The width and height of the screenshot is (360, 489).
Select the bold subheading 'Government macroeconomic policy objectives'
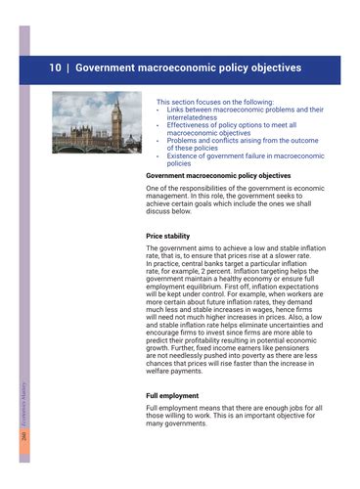(217, 175)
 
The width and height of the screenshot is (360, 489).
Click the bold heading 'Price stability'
(167, 236)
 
